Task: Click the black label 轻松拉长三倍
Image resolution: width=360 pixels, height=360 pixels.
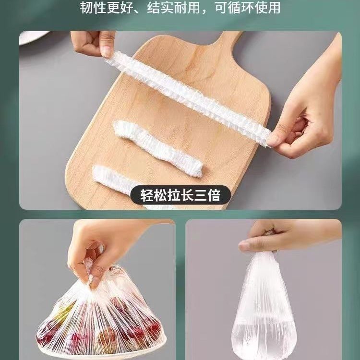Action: tap(180, 195)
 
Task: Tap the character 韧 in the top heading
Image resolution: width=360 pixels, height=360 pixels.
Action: tap(86, 8)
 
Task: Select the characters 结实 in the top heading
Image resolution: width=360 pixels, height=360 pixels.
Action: tap(160, 8)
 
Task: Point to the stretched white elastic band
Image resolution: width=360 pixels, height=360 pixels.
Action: tap(188, 97)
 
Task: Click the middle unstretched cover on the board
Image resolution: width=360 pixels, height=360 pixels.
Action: tap(157, 148)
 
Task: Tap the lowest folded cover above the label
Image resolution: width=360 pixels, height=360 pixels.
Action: tap(115, 178)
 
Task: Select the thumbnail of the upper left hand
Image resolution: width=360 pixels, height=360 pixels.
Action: tap(107, 51)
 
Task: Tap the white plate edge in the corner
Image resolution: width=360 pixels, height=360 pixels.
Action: tap(35, 37)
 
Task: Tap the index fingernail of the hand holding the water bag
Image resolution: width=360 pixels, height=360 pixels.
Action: tap(243, 246)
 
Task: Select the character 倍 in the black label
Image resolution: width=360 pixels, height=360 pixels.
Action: tap(214, 195)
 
